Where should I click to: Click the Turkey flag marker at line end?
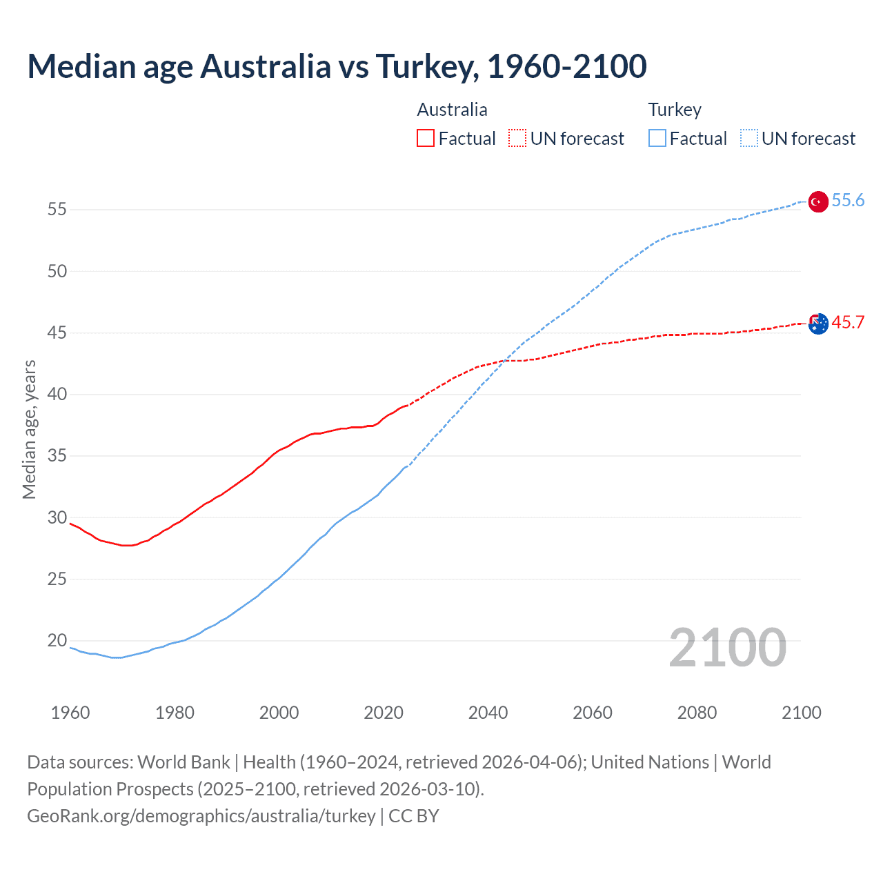pos(817,201)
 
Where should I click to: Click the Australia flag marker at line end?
pos(817,323)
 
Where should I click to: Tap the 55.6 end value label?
pos(848,200)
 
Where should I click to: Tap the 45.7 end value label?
pos(848,322)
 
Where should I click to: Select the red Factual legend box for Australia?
pos(426,139)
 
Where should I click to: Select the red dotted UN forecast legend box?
pos(517,139)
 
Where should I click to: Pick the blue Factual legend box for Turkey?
pos(657,139)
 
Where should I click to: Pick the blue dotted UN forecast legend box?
pos(749,139)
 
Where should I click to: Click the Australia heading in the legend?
pos(452,110)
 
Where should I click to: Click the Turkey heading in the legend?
pos(675,110)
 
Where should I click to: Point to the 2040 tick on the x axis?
pos(488,713)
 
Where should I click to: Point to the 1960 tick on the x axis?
pos(70,713)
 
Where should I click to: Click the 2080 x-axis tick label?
pos(697,713)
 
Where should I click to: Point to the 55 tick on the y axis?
pos(57,209)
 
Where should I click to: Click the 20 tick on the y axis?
pos(57,641)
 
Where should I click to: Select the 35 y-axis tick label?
pos(57,456)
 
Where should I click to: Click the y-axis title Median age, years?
pos(29,429)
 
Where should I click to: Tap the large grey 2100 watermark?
pos(728,647)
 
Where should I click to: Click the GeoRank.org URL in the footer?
pos(201,816)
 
